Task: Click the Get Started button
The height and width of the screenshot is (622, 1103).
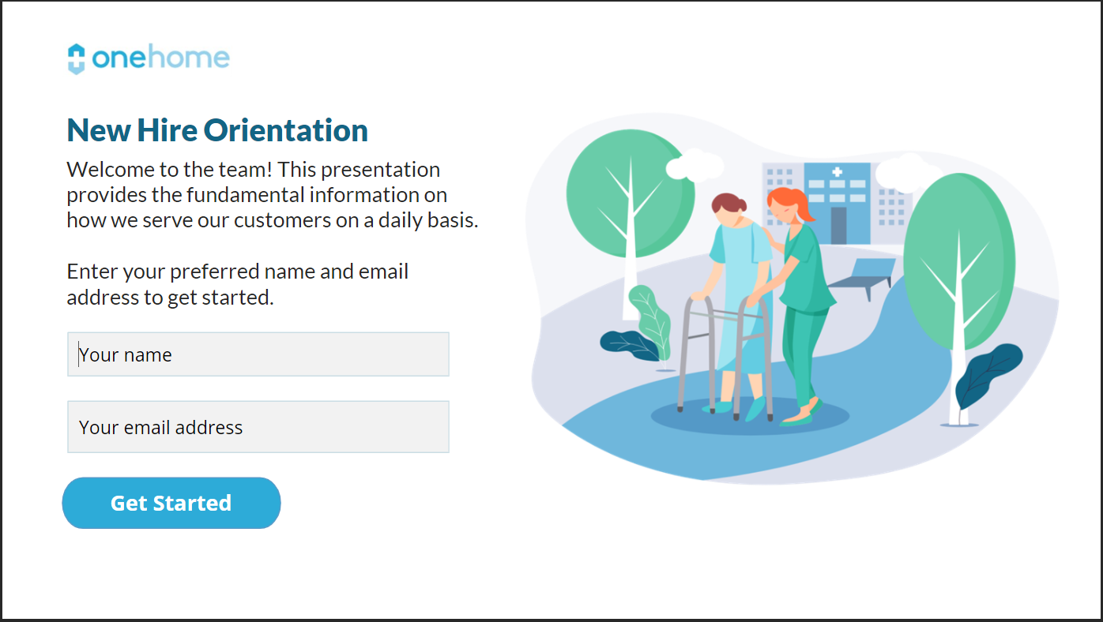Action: [x=171, y=503]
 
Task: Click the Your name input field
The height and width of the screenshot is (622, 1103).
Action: [x=258, y=354]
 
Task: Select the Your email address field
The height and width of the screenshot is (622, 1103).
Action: [x=258, y=427]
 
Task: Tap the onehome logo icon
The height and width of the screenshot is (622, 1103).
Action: [x=76, y=58]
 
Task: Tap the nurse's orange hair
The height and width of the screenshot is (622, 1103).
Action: [x=793, y=202]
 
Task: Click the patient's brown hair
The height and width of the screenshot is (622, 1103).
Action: [x=729, y=204]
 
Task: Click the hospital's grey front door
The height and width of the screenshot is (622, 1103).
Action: [x=838, y=224]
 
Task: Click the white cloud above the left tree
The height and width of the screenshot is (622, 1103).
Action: [x=694, y=165]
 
